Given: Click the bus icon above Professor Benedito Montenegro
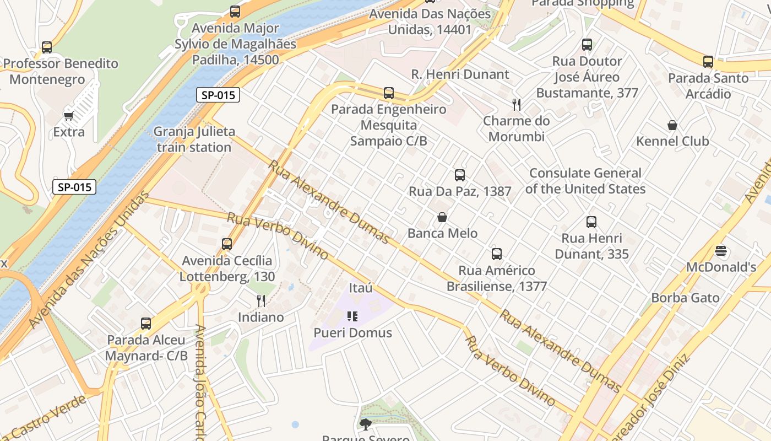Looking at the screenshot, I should click(47, 47).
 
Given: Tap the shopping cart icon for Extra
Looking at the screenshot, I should click(69, 116).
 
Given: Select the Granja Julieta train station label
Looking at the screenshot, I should click(194, 139).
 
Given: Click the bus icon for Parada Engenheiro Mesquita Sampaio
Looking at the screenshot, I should click(389, 93).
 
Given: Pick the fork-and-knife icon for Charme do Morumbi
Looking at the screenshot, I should click(517, 105).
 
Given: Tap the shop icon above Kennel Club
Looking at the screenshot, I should click(672, 125).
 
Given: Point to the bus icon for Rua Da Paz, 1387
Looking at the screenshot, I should click(460, 175).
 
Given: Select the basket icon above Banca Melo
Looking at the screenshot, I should click(442, 218).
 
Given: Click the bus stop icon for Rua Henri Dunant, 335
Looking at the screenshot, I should click(591, 222).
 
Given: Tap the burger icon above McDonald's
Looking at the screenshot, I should click(721, 251).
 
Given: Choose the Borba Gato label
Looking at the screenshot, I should click(685, 298).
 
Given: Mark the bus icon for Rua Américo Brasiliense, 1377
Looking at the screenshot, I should click(497, 254).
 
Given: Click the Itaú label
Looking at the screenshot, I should click(361, 288).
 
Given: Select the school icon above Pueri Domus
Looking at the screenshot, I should click(352, 316).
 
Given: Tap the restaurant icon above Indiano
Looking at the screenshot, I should click(261, 301).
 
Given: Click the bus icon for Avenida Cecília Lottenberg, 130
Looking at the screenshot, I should click(227, 244).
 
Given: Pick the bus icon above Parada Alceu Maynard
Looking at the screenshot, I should click(146, 324).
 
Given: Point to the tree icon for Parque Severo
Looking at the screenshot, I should click(365, 424).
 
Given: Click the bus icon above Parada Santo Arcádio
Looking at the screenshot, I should click(708, 62).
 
